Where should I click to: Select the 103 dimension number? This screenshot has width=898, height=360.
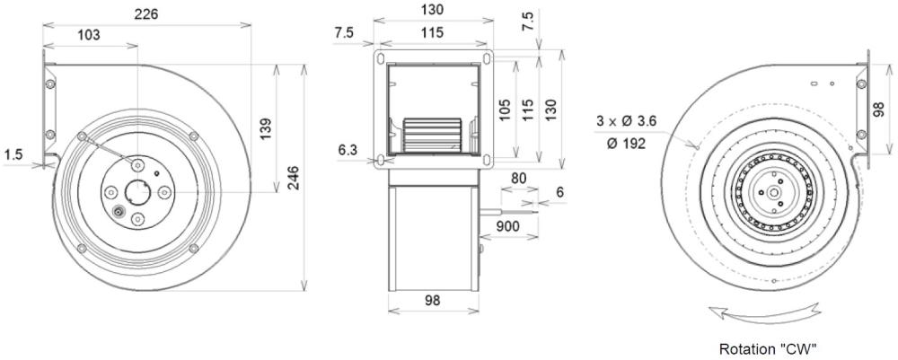87,35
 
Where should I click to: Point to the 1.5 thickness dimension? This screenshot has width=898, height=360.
13,154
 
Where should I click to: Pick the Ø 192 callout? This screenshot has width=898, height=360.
624,144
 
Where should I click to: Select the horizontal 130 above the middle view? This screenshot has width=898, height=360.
431,11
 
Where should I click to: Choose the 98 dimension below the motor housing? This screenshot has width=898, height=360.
433,302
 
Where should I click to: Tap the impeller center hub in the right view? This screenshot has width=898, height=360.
771,193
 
